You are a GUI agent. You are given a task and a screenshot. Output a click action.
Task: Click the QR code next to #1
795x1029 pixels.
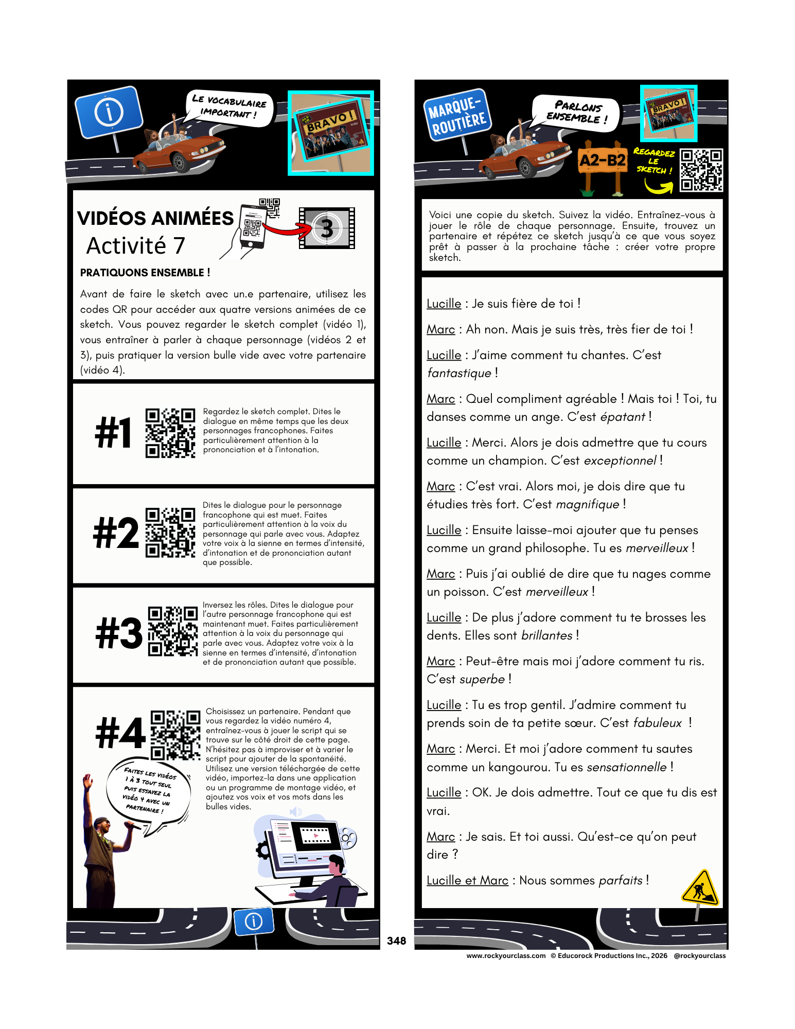coord(170,433)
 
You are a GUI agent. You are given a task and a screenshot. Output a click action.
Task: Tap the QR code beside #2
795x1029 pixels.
coord(170,533)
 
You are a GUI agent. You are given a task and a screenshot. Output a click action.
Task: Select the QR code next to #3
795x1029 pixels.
coord(172,631)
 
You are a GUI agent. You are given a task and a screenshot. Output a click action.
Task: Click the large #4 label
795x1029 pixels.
coord(120,733)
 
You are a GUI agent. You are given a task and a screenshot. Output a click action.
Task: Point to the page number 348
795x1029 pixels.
coord(396,941)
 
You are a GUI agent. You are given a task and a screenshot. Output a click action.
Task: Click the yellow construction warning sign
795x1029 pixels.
coord(700,888)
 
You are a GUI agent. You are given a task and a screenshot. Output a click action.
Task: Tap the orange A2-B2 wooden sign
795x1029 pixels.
coord(603,161)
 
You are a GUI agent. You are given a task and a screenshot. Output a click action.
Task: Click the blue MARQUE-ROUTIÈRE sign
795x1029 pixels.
coord(457,115)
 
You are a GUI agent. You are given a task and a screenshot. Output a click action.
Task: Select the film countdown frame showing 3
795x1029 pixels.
coord(327,228)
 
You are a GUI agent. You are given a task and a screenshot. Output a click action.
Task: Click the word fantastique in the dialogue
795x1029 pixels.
coord(459,373)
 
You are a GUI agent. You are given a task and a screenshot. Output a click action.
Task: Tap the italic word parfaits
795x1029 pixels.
coord(621,880)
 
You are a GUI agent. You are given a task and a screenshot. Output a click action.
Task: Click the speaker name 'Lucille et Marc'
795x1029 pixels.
coord(467,880)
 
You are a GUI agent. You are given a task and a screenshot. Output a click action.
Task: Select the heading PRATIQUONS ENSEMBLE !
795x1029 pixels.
coord(145,273)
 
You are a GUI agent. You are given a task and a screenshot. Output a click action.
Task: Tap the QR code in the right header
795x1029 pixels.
coord(701,170)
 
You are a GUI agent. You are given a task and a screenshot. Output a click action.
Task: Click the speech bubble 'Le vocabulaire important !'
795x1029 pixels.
coord(229,108)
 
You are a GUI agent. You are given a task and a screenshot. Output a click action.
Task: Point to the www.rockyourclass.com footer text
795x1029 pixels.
coord(506,956)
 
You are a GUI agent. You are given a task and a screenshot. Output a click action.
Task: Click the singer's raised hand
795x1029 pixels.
coord(88,781)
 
